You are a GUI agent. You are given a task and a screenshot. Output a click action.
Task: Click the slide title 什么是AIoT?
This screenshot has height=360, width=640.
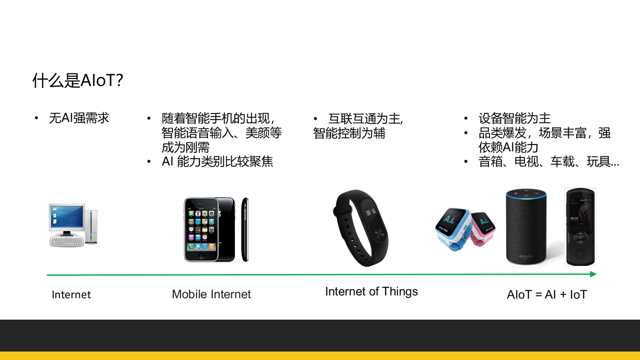pyautogui.click(x=78, y=80)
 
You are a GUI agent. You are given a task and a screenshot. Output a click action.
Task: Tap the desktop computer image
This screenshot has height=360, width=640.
pyautogui.click(x=73, y=224)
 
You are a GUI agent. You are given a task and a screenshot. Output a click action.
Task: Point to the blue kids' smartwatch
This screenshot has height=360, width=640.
pyautogui.click(x=453, y=228)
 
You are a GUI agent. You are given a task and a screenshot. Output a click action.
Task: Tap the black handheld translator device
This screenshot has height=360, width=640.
pyautogui.click(x=580, y=226)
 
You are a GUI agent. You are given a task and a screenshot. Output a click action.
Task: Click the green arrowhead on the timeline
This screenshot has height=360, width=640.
pyautogui.click(x=593, y=274)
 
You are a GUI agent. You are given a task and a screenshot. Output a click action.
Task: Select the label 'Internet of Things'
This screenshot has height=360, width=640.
pyautogui.click(x=371, y=291)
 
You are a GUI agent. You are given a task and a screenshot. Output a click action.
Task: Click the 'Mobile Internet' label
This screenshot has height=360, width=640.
pyautogui.click(x=211, y=294)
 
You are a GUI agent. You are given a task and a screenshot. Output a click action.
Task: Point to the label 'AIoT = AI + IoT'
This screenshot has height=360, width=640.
pyautogui.click(x=546, y=295)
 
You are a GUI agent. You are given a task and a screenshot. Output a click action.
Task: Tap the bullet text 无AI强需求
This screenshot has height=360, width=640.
pyautogui.click(x=79, y=118)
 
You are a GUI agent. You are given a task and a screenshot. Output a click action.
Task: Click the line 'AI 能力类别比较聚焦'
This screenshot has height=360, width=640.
pyautogui.click(x=217, y=161)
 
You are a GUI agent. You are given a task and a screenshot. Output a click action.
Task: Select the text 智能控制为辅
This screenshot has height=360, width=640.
pyautogui.click(x=349, y=133)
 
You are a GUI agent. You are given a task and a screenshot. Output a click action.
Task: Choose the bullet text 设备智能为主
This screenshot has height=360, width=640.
pyautogui.click(x=515, y=118)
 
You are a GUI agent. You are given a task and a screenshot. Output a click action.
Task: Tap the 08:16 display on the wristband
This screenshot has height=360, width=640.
pyautogui.click(x=371, y=212)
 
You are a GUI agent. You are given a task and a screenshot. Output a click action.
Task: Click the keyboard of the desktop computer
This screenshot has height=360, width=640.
pyautogui.click(x=67, y=241)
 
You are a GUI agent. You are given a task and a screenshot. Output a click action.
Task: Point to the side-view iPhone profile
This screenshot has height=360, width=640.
pyautogui.click(x=245, y=229)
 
